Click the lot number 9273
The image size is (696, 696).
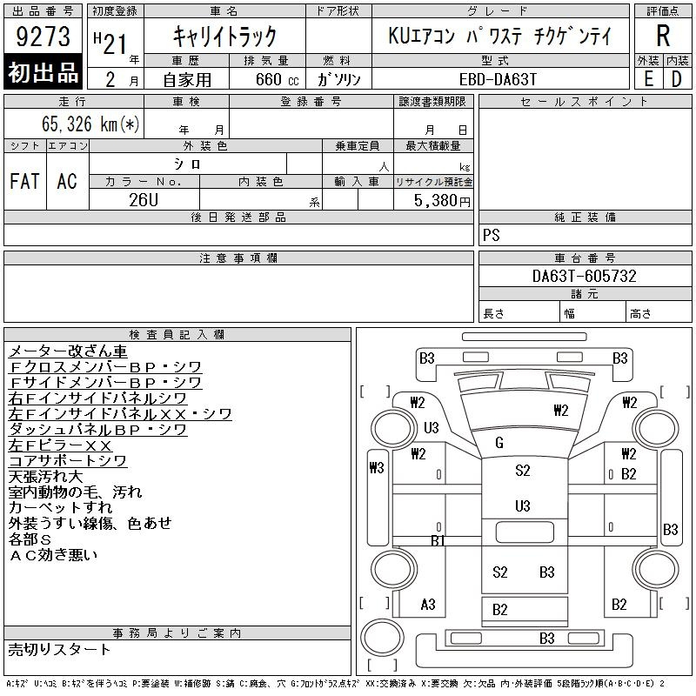tap(43, 36)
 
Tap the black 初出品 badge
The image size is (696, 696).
tap(43, 72)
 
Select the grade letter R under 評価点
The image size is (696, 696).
tap(663, 36)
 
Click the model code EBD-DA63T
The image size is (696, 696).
tap(498, 79)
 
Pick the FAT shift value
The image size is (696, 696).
tap(25, 181)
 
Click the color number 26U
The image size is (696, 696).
tap(144, 200)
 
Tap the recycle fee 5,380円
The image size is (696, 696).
tap(442, 201)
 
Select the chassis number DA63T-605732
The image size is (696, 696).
tap(584, 276)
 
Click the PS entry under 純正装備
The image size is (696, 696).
tap(492, 235)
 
